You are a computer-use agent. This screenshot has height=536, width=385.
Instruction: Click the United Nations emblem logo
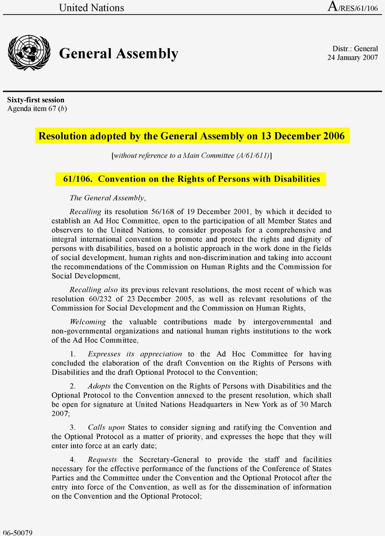coord(29,53)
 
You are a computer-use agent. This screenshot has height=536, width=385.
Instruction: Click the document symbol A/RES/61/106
coord(353,7)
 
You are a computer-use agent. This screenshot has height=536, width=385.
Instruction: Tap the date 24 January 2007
coord(352,57)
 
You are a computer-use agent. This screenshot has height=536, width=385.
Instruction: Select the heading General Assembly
coord(119,54)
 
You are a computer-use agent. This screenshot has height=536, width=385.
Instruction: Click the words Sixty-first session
coord(36,100)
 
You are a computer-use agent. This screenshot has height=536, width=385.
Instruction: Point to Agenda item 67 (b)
coord(37,109)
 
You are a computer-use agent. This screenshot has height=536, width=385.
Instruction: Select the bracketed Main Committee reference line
coord(192,156)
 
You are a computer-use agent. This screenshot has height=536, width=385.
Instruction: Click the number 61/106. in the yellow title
coord(78,179)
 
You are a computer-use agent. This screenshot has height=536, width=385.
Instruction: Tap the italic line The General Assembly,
coord(108,198)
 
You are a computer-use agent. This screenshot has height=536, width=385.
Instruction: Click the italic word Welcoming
coord(88,322)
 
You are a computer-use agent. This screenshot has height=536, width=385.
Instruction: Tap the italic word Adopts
coord(99,386)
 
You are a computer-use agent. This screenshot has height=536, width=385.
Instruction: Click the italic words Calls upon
coord(106,427)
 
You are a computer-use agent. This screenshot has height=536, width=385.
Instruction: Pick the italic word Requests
coord(102,460)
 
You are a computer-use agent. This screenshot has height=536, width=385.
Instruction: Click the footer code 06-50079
coord(18,533)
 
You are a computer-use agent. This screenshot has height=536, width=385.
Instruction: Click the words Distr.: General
coord(355,49)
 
